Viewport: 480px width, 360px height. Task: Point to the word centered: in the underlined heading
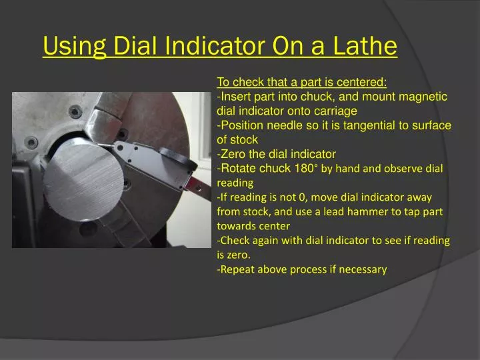pos(361,83)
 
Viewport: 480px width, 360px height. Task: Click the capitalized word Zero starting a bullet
pos(233,154)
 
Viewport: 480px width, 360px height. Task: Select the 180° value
pos(305,168)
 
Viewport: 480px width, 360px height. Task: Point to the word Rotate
pos(239,168)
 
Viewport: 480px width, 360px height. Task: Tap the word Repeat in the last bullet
pos(238,269)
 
